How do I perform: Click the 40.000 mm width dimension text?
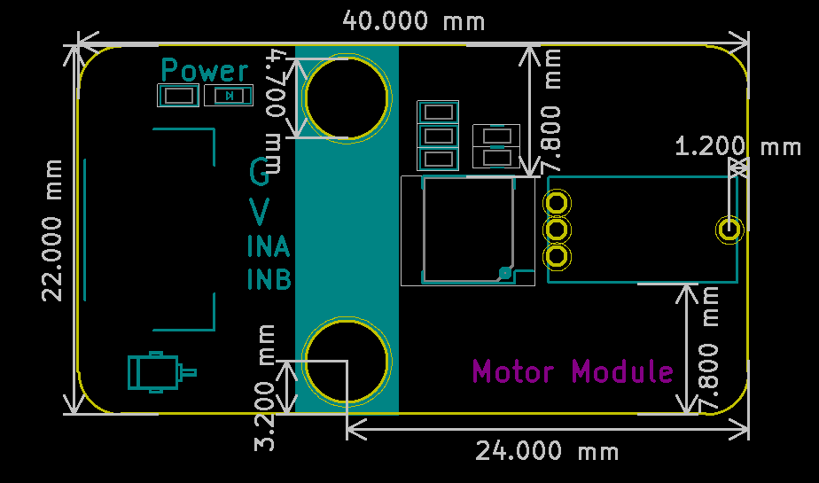click(414, 21)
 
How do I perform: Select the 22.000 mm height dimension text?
click(52, 230)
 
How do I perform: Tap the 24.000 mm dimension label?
click(547, 450)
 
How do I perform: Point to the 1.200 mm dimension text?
click(738, 146)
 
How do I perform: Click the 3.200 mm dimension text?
click(264, 387)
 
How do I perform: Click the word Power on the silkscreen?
click(205, 71)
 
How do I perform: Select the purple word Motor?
click(513, 371)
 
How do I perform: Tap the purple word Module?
click(622, 371)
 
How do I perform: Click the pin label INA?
click(269, 246)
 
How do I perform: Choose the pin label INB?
click(269, 279)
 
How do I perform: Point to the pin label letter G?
click(260, 172)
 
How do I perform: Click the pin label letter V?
click(260, 212)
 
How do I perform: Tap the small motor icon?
click(162, 372)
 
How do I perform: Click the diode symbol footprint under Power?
click(229, 96)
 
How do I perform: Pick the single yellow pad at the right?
click(729, 230)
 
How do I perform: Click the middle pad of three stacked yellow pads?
click(557, 230)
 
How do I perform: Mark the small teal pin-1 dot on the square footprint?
click(505, 273)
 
